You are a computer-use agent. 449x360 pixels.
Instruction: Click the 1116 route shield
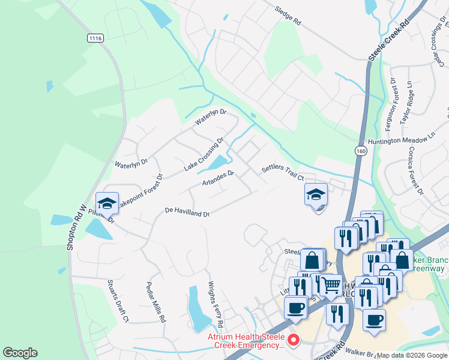pyautogui.click(x=95, y=38)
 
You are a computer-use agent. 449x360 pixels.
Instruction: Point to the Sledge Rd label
pyautogui.click(x=288, y=16)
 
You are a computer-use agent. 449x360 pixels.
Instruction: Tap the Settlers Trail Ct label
pyautogui.click(x=283, y=173)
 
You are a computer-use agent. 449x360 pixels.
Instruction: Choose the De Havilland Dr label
pyautogui.click(x=187, y=212)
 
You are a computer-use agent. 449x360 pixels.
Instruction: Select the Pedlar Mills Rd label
pyautogui.click(x=155, y=302)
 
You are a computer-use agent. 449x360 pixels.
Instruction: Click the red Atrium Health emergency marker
pyautogui.click(x=294, y=340)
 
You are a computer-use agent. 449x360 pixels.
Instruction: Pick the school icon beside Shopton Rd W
pyautogui.click(x=107, y=204)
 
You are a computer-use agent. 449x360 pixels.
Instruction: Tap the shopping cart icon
pyautogui.click(x=330, y=286)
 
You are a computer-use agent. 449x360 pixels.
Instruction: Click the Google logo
pyautogui.click(x=20, y=353)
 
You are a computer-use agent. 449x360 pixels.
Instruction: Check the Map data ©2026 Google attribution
pyautogui.click(x=412, y=355)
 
